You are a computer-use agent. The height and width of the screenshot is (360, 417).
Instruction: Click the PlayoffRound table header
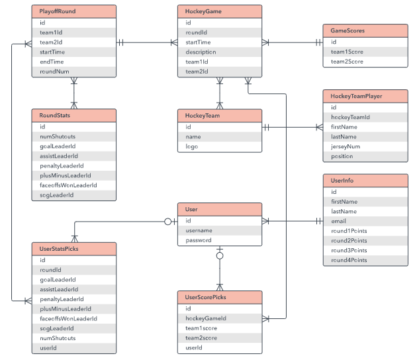74,11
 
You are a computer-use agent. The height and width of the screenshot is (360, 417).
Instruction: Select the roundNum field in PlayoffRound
54,71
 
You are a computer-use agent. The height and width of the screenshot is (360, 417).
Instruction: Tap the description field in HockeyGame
201,52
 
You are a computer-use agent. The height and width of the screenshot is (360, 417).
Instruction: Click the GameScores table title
347,30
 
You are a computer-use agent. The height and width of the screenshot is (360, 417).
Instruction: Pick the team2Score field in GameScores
347,62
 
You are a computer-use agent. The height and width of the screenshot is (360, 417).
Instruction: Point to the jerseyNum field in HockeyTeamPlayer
346,147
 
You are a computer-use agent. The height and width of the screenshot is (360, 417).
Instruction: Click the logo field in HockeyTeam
192,147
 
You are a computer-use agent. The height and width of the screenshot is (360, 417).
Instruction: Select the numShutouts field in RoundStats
58,137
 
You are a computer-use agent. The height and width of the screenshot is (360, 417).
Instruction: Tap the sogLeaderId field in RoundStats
57,195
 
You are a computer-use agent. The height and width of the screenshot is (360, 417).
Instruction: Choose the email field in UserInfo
338,221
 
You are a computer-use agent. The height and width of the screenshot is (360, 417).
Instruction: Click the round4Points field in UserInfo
349,260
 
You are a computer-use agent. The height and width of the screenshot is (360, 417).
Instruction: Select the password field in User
199,240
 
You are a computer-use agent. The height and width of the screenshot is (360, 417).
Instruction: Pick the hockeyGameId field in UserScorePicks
206,318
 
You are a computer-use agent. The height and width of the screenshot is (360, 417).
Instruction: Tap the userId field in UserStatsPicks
48,348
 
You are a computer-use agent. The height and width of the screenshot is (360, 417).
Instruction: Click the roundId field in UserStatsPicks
50,270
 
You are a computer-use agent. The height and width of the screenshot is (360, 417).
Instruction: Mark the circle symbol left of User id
168,222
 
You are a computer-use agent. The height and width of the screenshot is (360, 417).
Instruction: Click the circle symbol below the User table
220,256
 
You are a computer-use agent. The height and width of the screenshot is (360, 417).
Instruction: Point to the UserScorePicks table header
220,297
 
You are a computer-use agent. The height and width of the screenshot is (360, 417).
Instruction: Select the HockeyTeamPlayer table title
356,96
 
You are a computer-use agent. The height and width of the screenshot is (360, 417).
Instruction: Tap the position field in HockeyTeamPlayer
342,156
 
